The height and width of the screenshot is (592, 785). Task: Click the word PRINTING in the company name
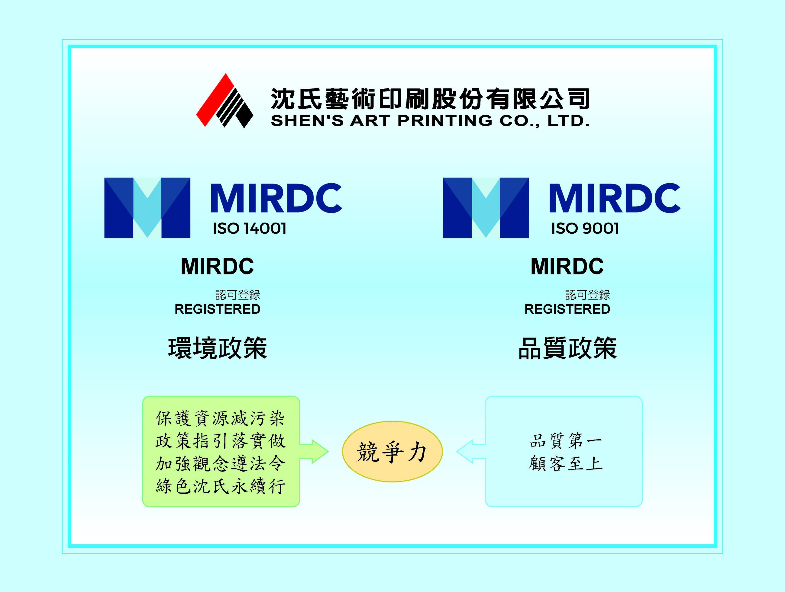(x=445, y=121)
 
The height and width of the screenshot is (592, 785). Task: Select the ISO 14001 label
(x=250, y=229)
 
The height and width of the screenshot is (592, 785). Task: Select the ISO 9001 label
(x=585, y=229)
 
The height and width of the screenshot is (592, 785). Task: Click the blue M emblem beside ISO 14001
(x=147, y=208)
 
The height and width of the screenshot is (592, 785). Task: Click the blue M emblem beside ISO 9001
(x=486, y=208)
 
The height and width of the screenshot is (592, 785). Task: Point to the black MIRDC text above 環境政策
(x=217, y=267)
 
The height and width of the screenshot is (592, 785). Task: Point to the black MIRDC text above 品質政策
(x=567, y=267)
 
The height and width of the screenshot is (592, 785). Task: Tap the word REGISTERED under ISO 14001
(x=218, y=309)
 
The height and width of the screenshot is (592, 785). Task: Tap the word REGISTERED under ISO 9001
(x=567, y=309)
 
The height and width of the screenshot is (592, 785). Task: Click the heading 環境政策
(x=218, y=348)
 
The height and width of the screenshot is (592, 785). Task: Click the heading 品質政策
(x=567, y=348)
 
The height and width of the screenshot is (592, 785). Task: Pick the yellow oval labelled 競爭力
(x=392, y=452)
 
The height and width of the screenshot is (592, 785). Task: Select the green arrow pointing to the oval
(x=314, y=452)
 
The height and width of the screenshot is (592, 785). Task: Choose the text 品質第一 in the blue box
(x=566, y=441)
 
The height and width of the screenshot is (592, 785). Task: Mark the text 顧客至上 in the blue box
(x=566, y=463)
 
